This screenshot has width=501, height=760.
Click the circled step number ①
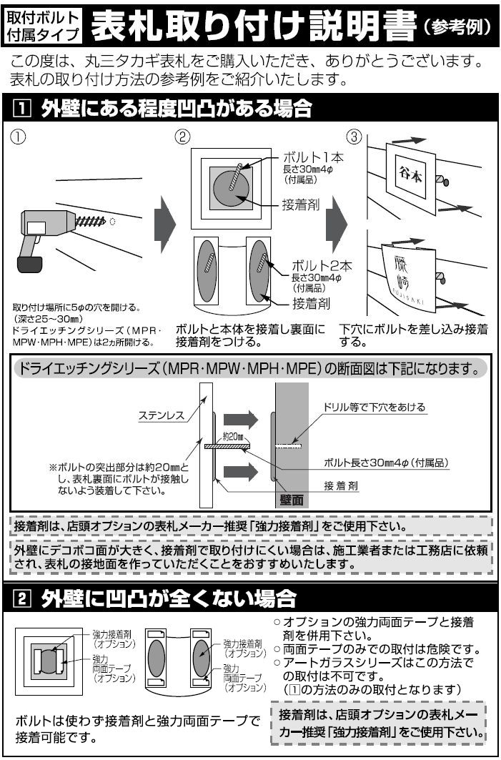18,138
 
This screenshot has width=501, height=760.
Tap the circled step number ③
355,138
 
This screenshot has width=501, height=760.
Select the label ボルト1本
314,158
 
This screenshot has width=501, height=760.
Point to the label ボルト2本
322,266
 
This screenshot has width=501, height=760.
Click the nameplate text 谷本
410,175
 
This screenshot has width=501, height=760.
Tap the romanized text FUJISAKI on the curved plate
409,297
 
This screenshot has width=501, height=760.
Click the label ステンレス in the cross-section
162,415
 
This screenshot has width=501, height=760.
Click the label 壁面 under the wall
292,499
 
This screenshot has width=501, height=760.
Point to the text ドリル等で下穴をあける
374,407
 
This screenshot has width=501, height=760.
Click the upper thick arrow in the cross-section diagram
240,419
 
